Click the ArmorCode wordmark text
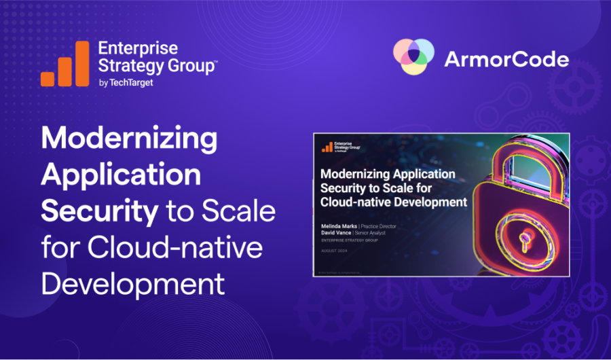506,60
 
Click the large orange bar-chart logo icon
64,64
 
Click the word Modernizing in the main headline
130,140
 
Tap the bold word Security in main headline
99,211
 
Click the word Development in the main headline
133,283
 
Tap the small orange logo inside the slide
327,146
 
